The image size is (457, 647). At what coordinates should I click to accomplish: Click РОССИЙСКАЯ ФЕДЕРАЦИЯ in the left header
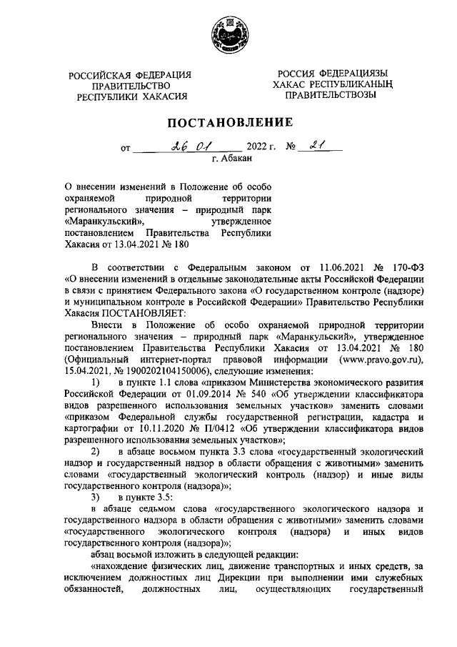[129, 75]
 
